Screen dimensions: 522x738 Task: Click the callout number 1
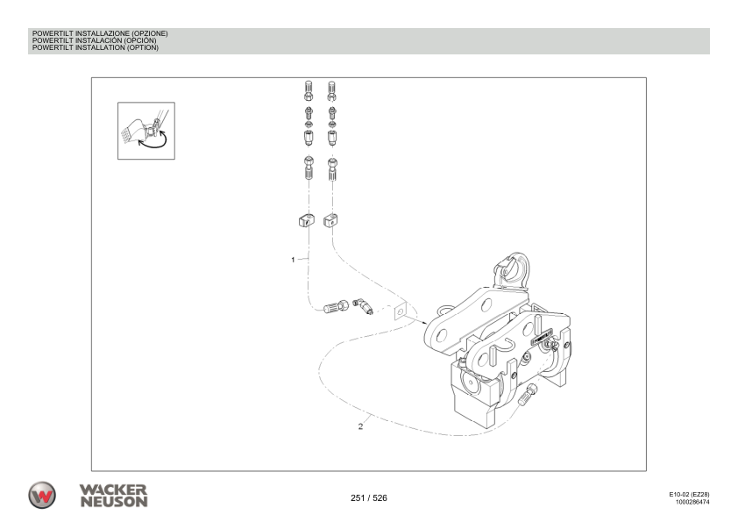pos(293,260)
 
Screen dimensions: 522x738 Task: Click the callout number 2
pos(361,427)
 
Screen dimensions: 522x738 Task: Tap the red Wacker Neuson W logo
pos(42,494)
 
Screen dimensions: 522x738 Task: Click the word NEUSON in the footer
pos(112,501)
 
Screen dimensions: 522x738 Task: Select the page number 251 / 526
pos(368,498)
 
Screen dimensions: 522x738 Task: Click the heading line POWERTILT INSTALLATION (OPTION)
pos(95,47)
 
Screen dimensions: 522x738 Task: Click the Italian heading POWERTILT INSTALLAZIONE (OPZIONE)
pos(99,33)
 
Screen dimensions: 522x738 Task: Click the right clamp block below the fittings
pos(331,220)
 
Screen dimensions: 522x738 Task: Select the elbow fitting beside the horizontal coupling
pos(363,305)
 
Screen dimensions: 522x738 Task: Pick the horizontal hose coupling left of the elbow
pos(336,307)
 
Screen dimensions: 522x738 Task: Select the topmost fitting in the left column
pos(309,89)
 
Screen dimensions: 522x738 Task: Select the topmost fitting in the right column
pos(332,89)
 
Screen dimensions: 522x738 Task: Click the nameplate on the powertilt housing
pos(542,333)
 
